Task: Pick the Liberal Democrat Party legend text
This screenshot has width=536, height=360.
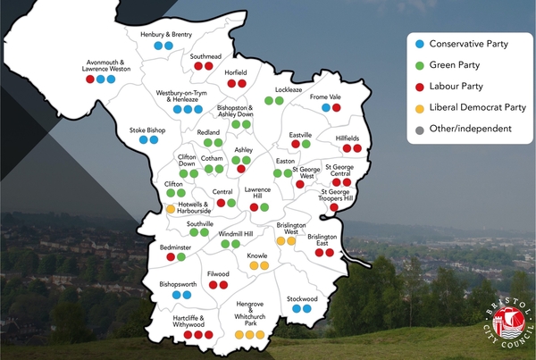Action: point(477,107)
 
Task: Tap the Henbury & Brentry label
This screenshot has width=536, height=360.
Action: point(165,34)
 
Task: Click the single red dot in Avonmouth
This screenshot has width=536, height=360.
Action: point(90,79)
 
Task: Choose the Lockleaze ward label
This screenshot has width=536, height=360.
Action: point(289,90)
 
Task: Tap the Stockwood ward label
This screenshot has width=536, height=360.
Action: point(302,297)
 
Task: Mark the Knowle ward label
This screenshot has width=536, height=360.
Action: point(257,255)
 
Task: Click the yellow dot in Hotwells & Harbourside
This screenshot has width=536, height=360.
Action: point(170,209)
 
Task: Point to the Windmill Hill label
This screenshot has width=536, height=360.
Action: point(230,232)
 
